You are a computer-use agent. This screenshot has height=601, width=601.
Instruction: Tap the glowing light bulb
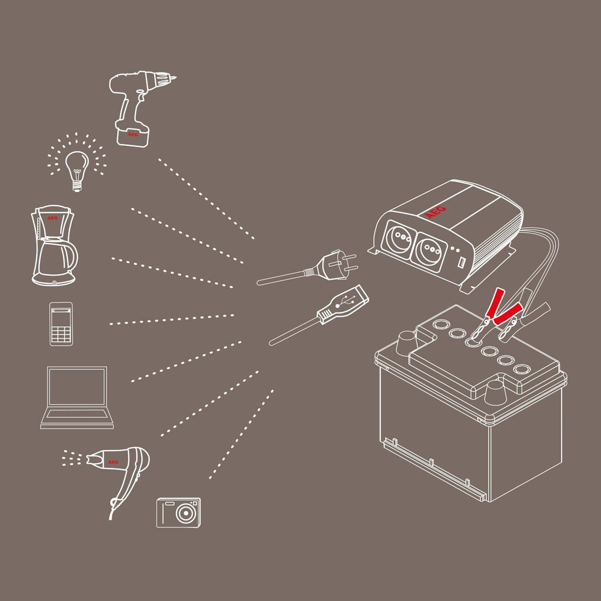click(x=77, y=169)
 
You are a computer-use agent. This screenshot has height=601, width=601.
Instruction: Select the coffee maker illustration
click(x=54, y=245)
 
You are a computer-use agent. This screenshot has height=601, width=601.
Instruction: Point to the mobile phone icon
click(x=61, y=324)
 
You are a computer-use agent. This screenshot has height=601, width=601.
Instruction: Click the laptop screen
click(x=77, y=387)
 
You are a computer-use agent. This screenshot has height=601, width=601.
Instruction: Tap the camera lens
click(x=186, y=513)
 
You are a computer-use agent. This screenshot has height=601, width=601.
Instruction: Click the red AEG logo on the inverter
click(x=435, y=212)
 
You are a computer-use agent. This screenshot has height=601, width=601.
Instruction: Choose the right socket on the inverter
click(x=430, y=250)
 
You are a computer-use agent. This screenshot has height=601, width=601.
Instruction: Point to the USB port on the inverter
click(x=462, y=263)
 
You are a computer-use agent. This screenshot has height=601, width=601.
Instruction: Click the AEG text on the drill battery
click(x=132, y=135)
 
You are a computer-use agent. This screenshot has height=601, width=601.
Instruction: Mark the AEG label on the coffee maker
click(x=52, y=218)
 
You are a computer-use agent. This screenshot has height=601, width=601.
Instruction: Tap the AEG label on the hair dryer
click(x=113, y=462)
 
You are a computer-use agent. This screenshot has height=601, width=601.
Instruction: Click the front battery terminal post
click(x=495, y=393)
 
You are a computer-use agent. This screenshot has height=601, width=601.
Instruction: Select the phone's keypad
click(x=61, y=333)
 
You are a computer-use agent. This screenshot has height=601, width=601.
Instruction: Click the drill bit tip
click(x=175, y=78)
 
